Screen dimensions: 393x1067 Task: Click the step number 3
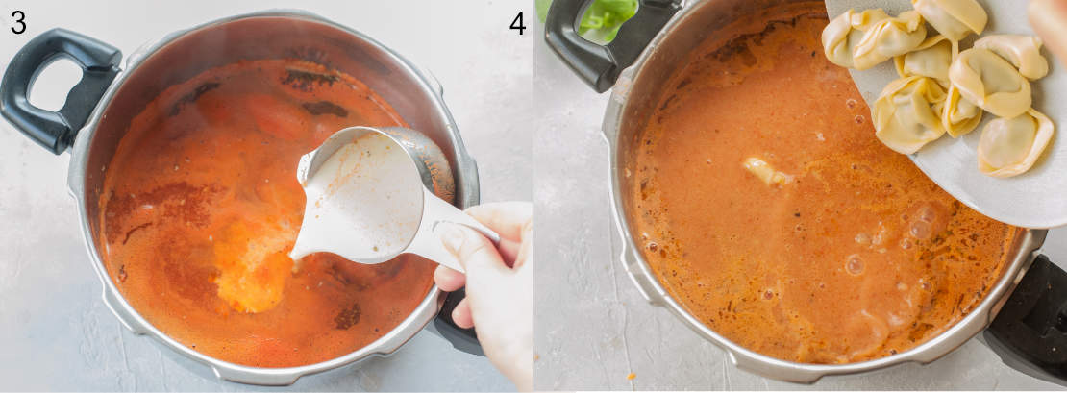coord(17,22)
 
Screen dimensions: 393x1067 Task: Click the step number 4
coord(518,22)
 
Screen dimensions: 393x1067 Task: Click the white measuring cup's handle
coord(452,225)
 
